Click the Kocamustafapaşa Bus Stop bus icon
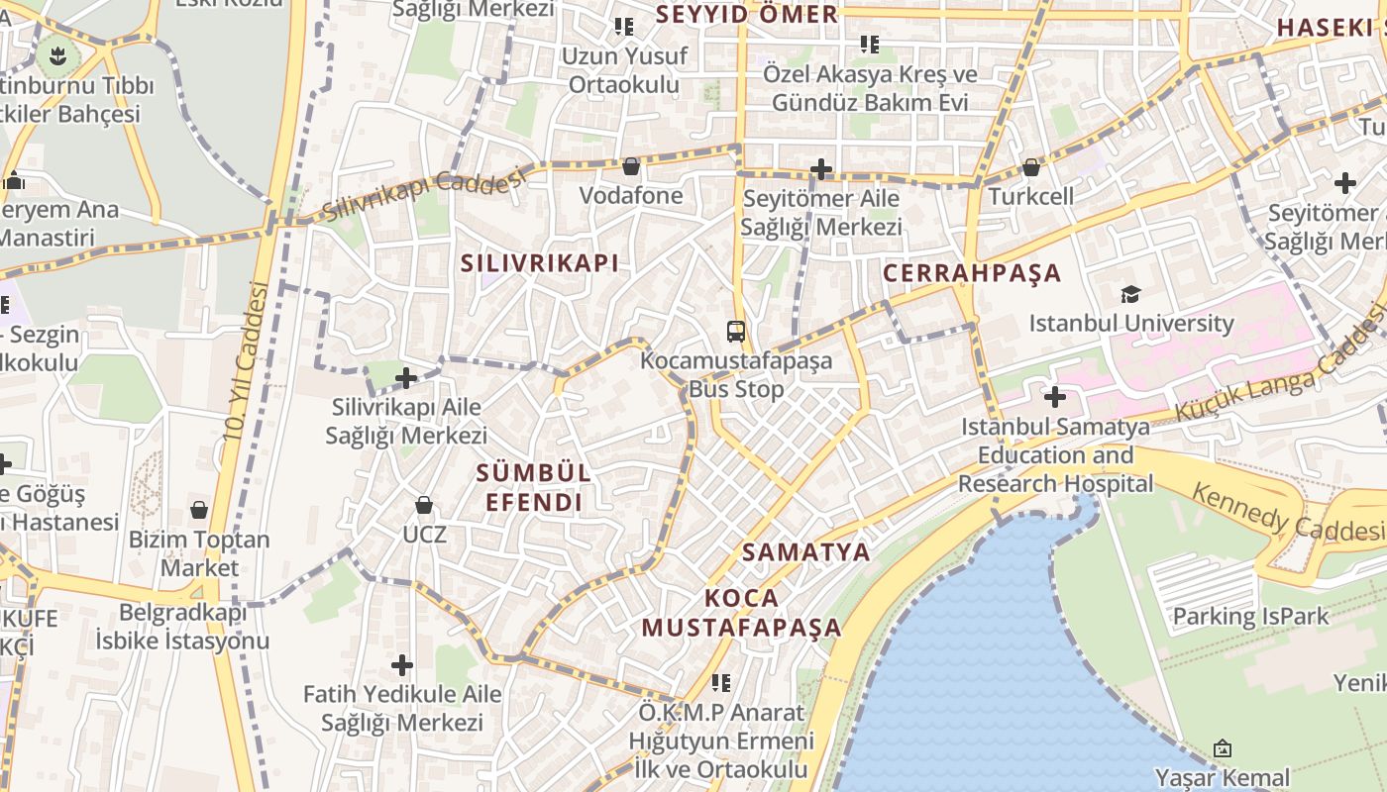point(735,331)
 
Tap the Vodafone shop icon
point(631,166)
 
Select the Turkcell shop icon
point(1031,167)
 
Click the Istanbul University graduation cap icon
point(1130,294)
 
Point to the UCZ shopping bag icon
point(424,506)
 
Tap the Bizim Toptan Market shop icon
point(199,511)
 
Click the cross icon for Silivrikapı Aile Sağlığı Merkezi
point(406,377)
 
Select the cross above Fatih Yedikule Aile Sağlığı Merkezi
point(402,664)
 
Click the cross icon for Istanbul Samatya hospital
point(1055,398)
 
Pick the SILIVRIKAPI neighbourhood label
point(540,263)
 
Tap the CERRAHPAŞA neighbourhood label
point(971,273)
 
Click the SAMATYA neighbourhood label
point(805,552)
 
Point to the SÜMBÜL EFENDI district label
point(533,487)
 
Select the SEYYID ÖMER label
point(747,15)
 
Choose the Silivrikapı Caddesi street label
point(423,194)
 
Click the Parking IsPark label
point(1250,617)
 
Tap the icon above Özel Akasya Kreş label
point(870,45)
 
